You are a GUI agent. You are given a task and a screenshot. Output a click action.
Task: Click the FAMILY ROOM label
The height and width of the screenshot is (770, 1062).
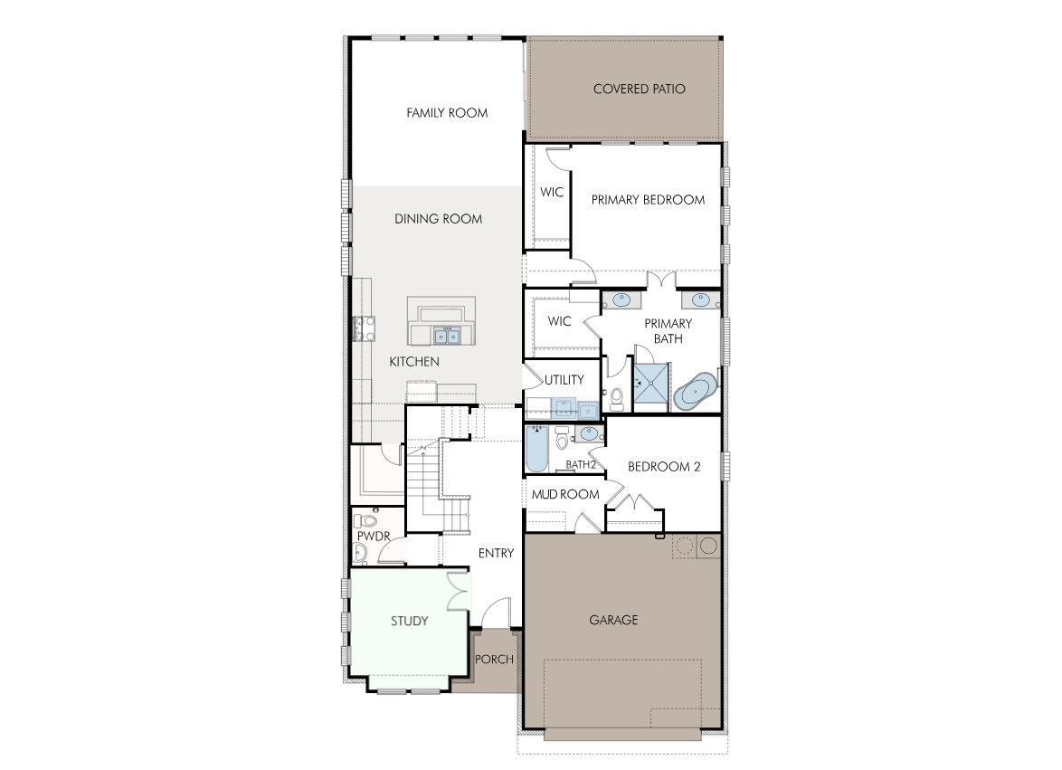[x=447, y=113]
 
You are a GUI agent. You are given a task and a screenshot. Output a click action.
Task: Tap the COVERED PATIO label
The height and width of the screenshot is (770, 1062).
[x=639, y=89]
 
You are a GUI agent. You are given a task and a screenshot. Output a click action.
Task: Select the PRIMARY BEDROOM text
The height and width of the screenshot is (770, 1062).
[x=648, y=200]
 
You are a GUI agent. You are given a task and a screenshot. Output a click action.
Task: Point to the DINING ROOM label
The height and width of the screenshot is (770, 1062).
[x=438, y=219]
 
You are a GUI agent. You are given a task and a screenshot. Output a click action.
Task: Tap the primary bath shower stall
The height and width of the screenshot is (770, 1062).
[x=650, y=386]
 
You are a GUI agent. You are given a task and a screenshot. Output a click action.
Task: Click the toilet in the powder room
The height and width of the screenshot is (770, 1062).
[x=366, y=521]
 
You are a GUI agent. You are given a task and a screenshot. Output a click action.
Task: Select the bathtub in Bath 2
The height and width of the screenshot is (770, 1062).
[x=536, y=450]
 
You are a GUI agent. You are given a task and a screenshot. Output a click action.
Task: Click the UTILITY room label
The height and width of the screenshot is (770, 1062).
[x=564, y=380]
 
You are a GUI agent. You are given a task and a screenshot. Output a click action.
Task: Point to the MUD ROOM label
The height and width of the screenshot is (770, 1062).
[x=565, y=494]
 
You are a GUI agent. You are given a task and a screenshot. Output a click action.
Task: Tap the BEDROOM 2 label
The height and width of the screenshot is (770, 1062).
[x=665, y=467]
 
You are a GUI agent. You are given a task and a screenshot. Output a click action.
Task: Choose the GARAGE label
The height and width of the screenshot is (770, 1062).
[x=613, y=620]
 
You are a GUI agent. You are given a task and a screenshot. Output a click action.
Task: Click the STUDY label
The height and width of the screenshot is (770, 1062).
[x=409, y=621]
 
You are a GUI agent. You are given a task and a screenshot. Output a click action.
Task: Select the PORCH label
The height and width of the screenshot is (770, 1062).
[x=494, y=660]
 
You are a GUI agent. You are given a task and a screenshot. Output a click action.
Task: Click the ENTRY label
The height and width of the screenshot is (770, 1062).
[x=496, y=554]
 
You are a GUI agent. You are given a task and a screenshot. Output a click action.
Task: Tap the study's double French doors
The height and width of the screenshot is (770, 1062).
[x=459, y=592]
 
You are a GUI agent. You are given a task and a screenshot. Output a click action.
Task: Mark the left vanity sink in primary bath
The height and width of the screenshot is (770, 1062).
[x=622, y=299]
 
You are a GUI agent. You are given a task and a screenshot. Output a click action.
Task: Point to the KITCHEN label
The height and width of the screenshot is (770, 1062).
[x=414, y=362]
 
